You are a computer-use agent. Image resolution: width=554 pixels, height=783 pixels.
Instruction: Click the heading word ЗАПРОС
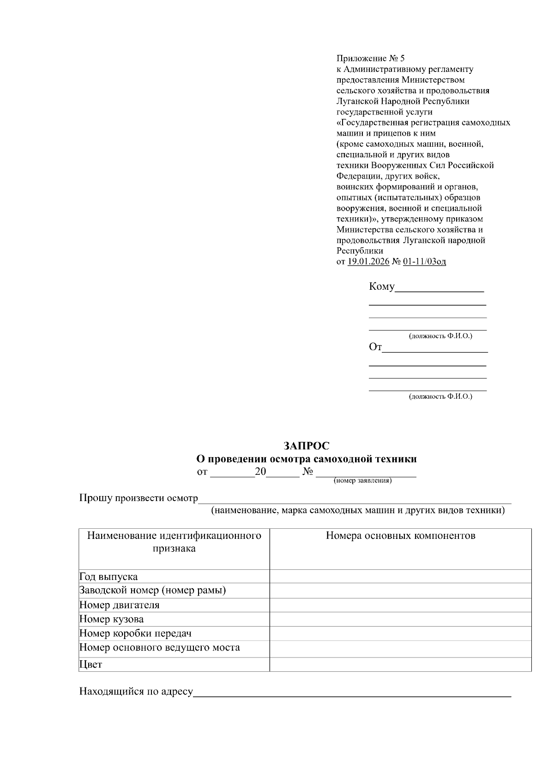pyautogui.click(x=306, y=446)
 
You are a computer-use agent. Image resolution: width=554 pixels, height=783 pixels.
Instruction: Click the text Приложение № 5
pyautogui.click(x=370, y=58)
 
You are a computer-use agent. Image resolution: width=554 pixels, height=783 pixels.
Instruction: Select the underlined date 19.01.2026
pyautogui.click(x=368, y=262)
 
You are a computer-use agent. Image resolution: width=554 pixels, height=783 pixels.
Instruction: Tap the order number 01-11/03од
pyautogui.click(x=424, y=262)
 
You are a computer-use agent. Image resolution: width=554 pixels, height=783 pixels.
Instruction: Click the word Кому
pyautogui.click(x=381, y=287)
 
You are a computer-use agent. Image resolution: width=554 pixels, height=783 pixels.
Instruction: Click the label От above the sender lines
pyautogui.click(x=375, y=347)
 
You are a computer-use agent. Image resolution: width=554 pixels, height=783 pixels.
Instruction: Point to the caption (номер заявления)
pyautogui.click(x=362, y=480)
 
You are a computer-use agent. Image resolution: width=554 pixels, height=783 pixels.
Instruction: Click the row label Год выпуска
pyautogui.click(x=108, y=576)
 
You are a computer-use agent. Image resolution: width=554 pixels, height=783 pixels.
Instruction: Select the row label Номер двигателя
pyautogui.click(x=119, y=605)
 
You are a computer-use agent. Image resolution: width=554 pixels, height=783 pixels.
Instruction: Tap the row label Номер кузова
pyautogui.click(x=111, y=619)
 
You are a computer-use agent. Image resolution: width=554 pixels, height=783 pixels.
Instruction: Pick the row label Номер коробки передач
pyautogui.click(x=135, y=633)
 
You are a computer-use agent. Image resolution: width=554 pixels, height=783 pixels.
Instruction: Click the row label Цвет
pyautogui.click(x=90, y=664)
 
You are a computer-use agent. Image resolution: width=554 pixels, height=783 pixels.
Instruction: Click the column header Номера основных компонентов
pyautogui.click(x=400, y=535)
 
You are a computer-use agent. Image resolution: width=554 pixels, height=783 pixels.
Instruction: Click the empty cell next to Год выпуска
pyautogui.click(x=400, y=576)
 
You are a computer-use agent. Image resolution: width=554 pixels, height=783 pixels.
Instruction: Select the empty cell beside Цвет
pyautogui.click(x=400, y=664)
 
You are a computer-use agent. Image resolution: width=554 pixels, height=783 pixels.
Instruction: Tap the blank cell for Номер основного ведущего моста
pyautogui.click(x=400, y=648)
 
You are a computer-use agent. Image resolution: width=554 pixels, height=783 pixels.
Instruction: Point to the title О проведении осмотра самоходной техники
pyautogui.click(x=306, y=459)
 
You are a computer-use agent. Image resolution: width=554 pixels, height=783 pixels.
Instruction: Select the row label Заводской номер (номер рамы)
pyautogui.click(x=152, y=590)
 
